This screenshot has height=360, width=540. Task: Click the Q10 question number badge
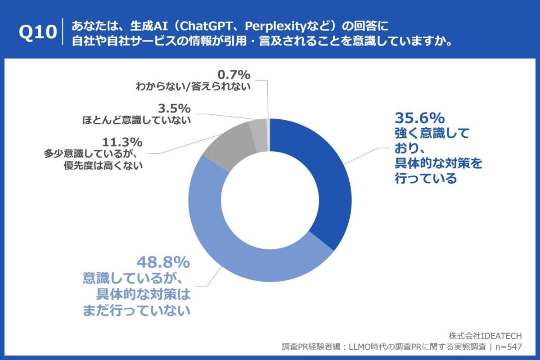[38, 33]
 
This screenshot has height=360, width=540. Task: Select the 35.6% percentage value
[419, 118]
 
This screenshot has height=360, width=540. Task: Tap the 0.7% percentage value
[234, 73]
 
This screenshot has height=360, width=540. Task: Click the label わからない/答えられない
[193, 86]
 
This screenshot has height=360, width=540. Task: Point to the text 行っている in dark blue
[425, 178]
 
